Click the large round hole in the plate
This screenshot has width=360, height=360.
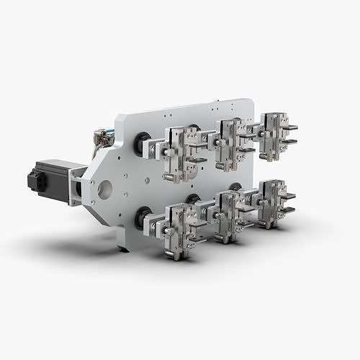105,189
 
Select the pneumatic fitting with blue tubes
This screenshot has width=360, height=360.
103,137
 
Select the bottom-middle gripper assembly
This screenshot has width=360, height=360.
228,215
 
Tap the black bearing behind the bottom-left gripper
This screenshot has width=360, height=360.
141,217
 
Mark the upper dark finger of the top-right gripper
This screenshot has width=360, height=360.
289,127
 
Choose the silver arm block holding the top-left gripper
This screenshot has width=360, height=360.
153,149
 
